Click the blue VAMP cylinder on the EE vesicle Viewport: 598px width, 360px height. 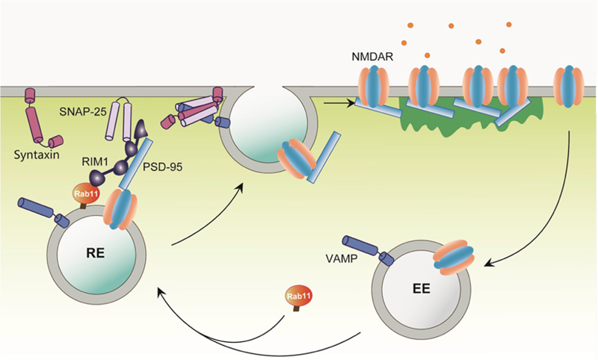[x=365, y=249]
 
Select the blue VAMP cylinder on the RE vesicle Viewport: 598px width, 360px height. [x=38, y=206]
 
